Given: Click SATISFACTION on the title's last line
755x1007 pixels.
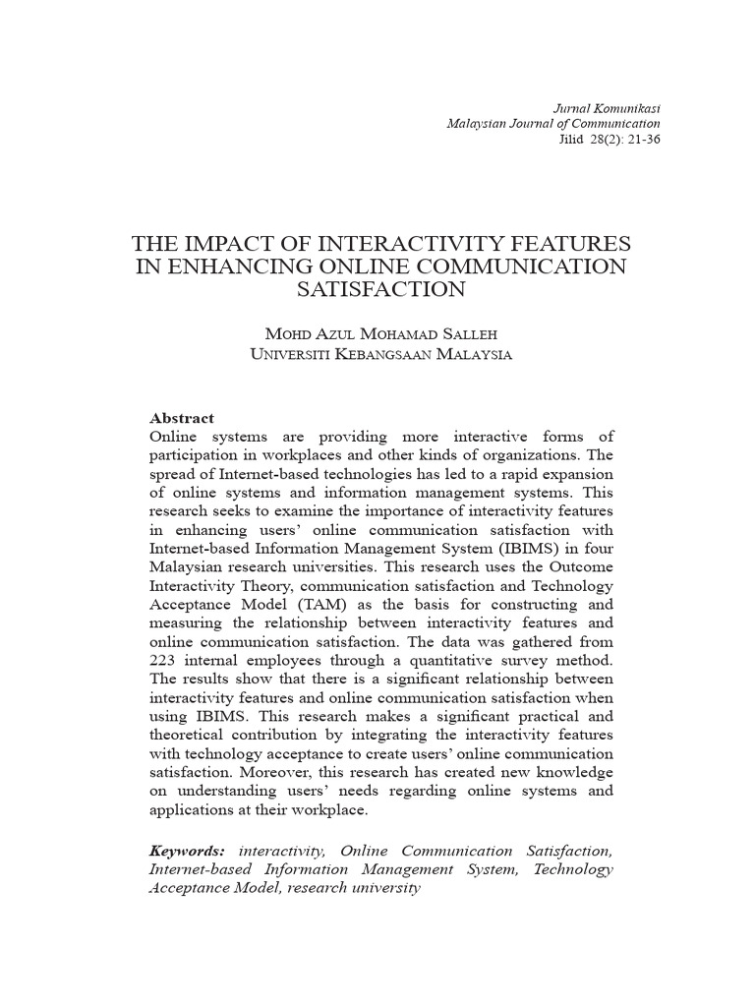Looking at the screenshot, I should click(x=381, y=289).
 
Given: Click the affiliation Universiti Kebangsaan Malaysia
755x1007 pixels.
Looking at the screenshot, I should click(x=381, y=354).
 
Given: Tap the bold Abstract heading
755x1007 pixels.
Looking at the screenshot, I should click(x=181, y=418).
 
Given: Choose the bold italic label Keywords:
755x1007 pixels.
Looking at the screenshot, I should click(x=187, y=851).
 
